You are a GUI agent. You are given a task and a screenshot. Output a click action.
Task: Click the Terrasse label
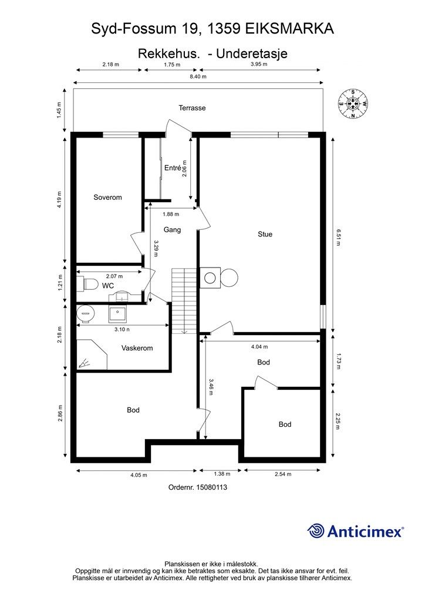coord(192,108)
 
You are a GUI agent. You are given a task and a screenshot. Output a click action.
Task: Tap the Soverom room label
coord(107,198)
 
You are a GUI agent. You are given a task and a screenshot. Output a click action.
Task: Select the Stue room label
coord(265,234)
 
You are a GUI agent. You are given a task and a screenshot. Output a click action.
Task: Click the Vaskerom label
coord(137,348)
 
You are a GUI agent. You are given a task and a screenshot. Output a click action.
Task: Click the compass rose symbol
coord(353,103)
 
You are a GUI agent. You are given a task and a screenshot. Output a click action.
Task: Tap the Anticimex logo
coord(355,531)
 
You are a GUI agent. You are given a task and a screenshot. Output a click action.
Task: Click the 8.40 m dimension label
coord(198,76)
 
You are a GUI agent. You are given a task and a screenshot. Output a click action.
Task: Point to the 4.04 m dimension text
coord(259,347)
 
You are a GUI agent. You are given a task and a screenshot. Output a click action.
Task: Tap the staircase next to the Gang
coord(184,300)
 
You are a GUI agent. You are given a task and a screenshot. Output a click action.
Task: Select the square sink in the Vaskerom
coord(117,314)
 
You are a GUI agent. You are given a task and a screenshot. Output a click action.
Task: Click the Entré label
coord(173,168)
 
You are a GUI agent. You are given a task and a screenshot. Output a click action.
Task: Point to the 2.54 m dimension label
coord(283,474)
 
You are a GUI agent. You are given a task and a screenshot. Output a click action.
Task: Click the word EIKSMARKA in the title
coord(289,29)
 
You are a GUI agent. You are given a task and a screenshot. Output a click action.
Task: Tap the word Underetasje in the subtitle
coord(252,53)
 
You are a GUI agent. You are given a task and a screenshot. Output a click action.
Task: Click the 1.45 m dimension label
coord(59,110)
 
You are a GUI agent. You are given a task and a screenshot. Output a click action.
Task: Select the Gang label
coord(172,230)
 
